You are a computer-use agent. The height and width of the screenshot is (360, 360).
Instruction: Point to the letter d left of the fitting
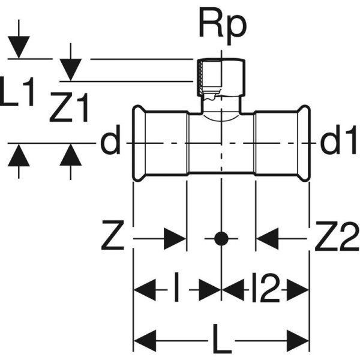[x=110, y=143]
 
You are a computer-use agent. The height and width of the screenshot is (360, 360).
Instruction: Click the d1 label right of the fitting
[x=337, y=143]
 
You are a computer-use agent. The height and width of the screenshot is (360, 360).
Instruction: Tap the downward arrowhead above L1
[x=19, y=48]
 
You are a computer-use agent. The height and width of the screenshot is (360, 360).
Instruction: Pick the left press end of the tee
[x=139, y=143]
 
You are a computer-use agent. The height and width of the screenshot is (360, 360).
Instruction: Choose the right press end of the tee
[x=304, y=143]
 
